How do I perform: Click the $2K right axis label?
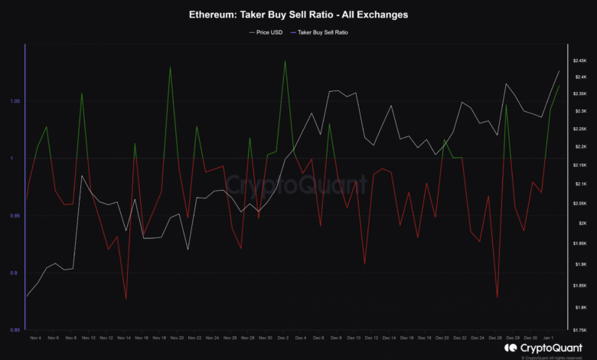coord(580,223)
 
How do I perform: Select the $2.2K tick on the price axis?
coord(579,146)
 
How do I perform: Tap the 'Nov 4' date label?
coord(34,338)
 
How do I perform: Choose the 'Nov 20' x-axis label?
coord(175,338)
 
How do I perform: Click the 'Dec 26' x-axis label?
coord(495,338)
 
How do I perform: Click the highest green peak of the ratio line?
coord(285,61)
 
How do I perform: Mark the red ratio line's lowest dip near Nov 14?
coord(126,299)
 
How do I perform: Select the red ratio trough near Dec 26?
coord(497,297)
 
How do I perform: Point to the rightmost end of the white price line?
coord(559,71)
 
